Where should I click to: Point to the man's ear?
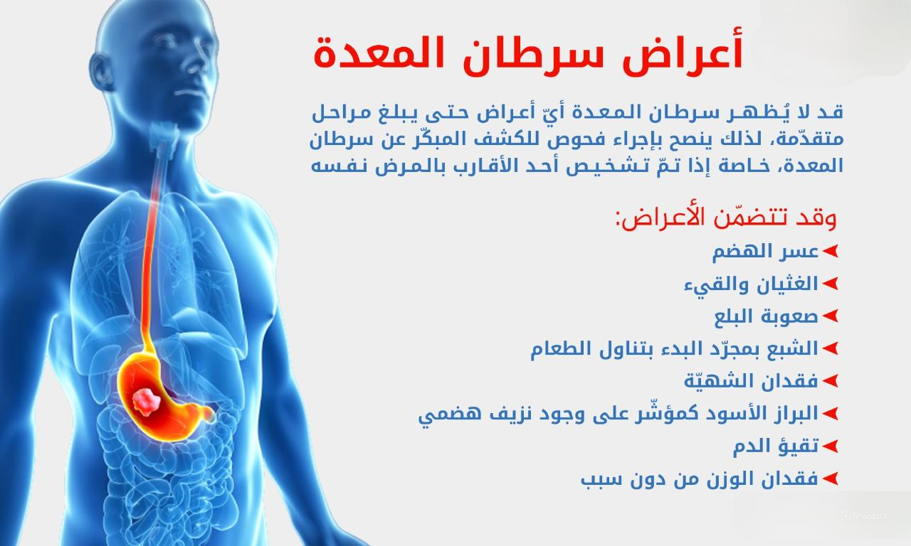coord(99,72)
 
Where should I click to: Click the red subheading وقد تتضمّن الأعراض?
coord(725,218)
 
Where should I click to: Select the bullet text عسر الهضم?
coord(765,252)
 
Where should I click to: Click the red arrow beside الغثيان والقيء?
coord(830,284)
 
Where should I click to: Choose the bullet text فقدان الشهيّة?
coord(751,381)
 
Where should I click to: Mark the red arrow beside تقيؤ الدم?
coord(830,446)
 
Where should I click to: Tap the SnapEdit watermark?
coord(864,516)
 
